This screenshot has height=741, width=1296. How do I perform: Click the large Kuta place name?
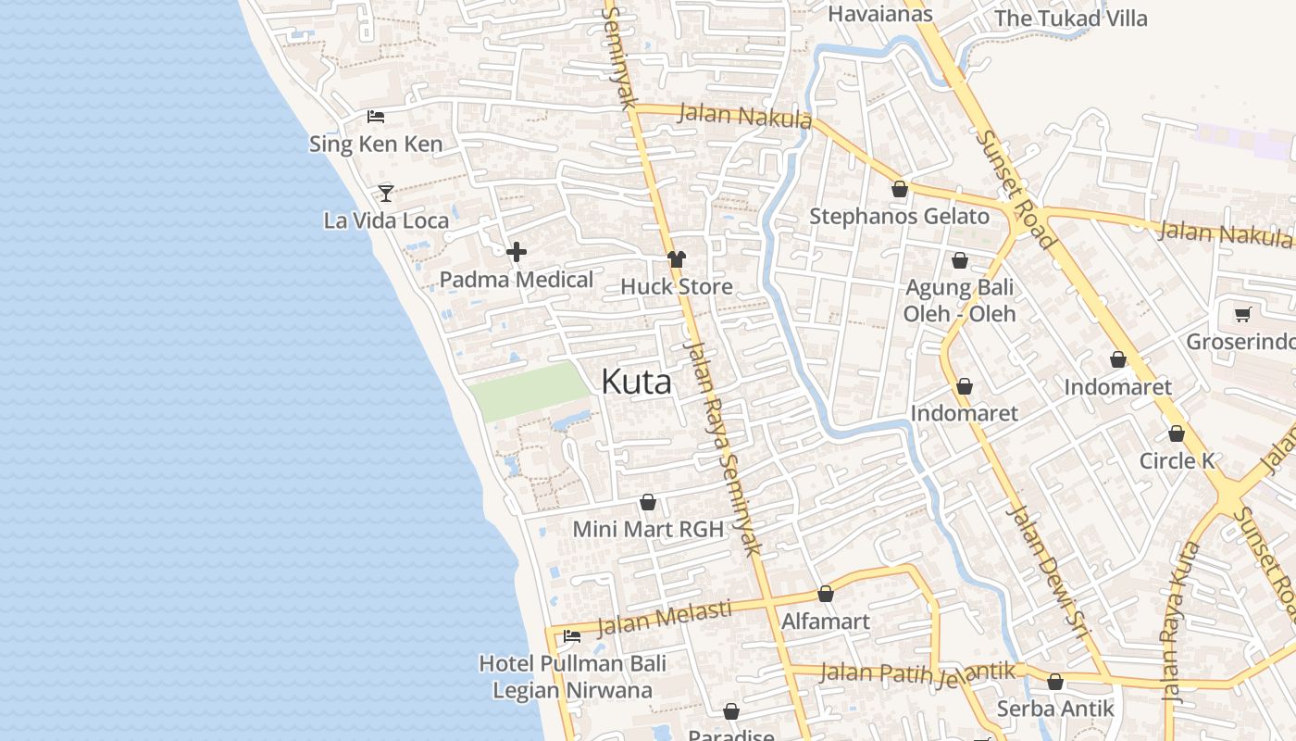click(x=636, y=382)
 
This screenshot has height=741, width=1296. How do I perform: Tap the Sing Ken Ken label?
click(x=376, y=144)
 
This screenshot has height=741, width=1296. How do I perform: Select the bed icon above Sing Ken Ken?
click(x=376, y=117)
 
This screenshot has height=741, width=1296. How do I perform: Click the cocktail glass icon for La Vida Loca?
click(x=386, y=193)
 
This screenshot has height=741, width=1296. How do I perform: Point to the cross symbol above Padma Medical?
click(x=517, y=251)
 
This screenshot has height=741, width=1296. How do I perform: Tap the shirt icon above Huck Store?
click(x=677, y=259)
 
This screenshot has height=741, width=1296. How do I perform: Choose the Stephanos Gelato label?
click(x=899, y=217)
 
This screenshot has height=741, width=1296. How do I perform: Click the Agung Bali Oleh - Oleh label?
click(x=959, y=300)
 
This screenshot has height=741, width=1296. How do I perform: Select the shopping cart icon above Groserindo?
click(x=1242, y=314)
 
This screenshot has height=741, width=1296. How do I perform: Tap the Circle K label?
click(x=1177, y=460)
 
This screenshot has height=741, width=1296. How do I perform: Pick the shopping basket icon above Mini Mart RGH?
click(x=648, y=502)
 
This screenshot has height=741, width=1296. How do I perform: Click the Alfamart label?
click(x=826, y=621)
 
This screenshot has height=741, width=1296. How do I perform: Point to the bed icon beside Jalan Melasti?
click(x=572, y=636)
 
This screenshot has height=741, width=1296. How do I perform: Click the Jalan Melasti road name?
click(x=664, y=618)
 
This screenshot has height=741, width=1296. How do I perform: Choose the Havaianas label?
click(x=879, y=14)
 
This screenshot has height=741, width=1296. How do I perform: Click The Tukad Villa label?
click(x=1070, y=19)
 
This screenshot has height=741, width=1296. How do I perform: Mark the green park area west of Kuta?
click(x=528, y=391)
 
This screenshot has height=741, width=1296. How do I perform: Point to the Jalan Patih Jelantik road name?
click(x=917, y=672)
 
